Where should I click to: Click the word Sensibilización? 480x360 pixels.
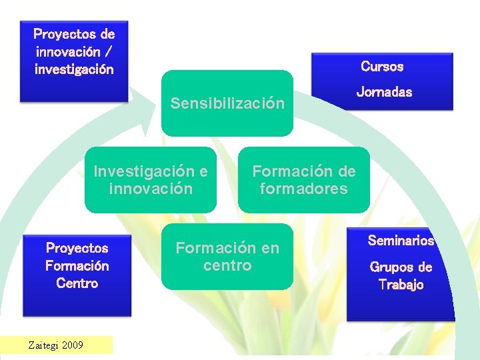pyautogui.click(x=227, y=103)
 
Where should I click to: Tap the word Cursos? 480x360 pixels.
pyautogui.click(x=382, y=66)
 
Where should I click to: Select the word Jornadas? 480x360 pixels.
pyautogui.click(x=384, y=92)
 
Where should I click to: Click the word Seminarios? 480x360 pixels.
pyautogui.click(x=401, y=241)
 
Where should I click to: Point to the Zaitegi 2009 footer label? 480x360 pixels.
pyautogui.click(x=55, y=345)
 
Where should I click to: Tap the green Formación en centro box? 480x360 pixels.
pyautogui.click(x=227, y=257)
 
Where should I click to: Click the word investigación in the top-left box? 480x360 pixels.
pyautogui.click(x=74, y=69)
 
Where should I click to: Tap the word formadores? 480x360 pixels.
pyautogui.click(x=304, y=189)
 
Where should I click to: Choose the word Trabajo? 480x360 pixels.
pyautogui.click(x=401, y=285)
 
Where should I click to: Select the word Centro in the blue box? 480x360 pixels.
pyautogui.click(x=77, y=283)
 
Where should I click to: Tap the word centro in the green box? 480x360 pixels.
pyautogui.click(x=227, y=265)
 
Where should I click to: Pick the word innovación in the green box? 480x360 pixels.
pyautogui.click(x=151, y=189)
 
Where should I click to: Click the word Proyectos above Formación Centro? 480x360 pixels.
pyautogui.click(x=77, y=248)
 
